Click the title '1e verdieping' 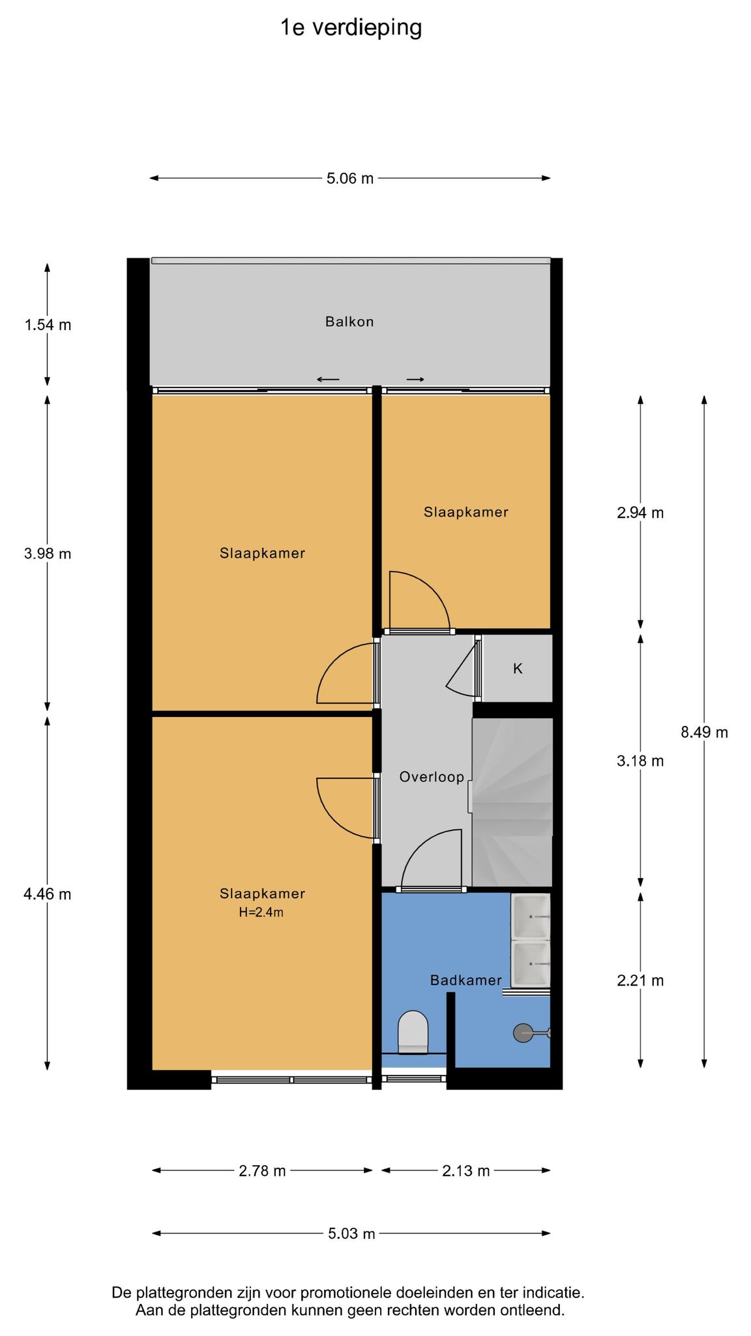click(x=351, y=28)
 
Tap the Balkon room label click(x=349, y=322)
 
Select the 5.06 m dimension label click(x=350, y=178)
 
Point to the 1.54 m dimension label click(x=48, y=324)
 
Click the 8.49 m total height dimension click(x=704, y=732)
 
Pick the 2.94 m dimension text click(x=640, y=513)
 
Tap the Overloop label click(x=432, y=777)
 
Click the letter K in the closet click(x=518, y=669)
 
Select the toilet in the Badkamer click(x=413, y=1031)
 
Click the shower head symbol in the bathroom click(x=523, y=1033)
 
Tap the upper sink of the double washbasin click(x=531, y=916)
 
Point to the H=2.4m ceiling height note click(x=261, y=913)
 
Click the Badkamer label click(x=466, y=980)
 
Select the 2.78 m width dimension click(x=262, y=1171)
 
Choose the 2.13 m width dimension click(x=465, y=1171)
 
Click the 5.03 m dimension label click(x=351, y=1234)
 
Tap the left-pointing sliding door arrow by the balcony click(x=329, y=379)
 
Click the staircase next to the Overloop click(x=512, y=802)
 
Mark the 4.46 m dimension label click(x=48, y=894)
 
